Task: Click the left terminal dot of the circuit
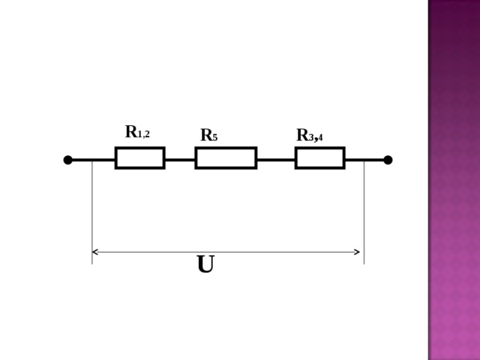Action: coord(68,160)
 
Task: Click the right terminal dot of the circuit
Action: coord(388,160)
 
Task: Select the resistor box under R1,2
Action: coord(140,158)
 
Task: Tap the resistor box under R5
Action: coord(226,158)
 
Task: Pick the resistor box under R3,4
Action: coord(320,158)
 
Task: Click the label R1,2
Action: coord(137,132)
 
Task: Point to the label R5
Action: coord(209,135)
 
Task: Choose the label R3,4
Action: coord(310,135)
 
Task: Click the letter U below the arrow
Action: coord(205,264)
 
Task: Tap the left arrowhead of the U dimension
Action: coord(94,252)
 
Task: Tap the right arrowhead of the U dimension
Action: coord(357,252)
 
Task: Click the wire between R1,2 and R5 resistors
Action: coord(180,160)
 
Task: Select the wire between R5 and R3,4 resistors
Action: coord(276,160)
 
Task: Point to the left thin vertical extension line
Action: coord(92,211)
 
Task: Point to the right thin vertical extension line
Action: coord(364,211)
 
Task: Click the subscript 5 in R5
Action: coord(215,138)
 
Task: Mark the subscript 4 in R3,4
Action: coord(320,137)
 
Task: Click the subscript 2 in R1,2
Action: coord(147,134)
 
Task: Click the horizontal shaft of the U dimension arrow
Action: coord(226,252)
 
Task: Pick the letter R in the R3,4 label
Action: coord(302,135)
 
